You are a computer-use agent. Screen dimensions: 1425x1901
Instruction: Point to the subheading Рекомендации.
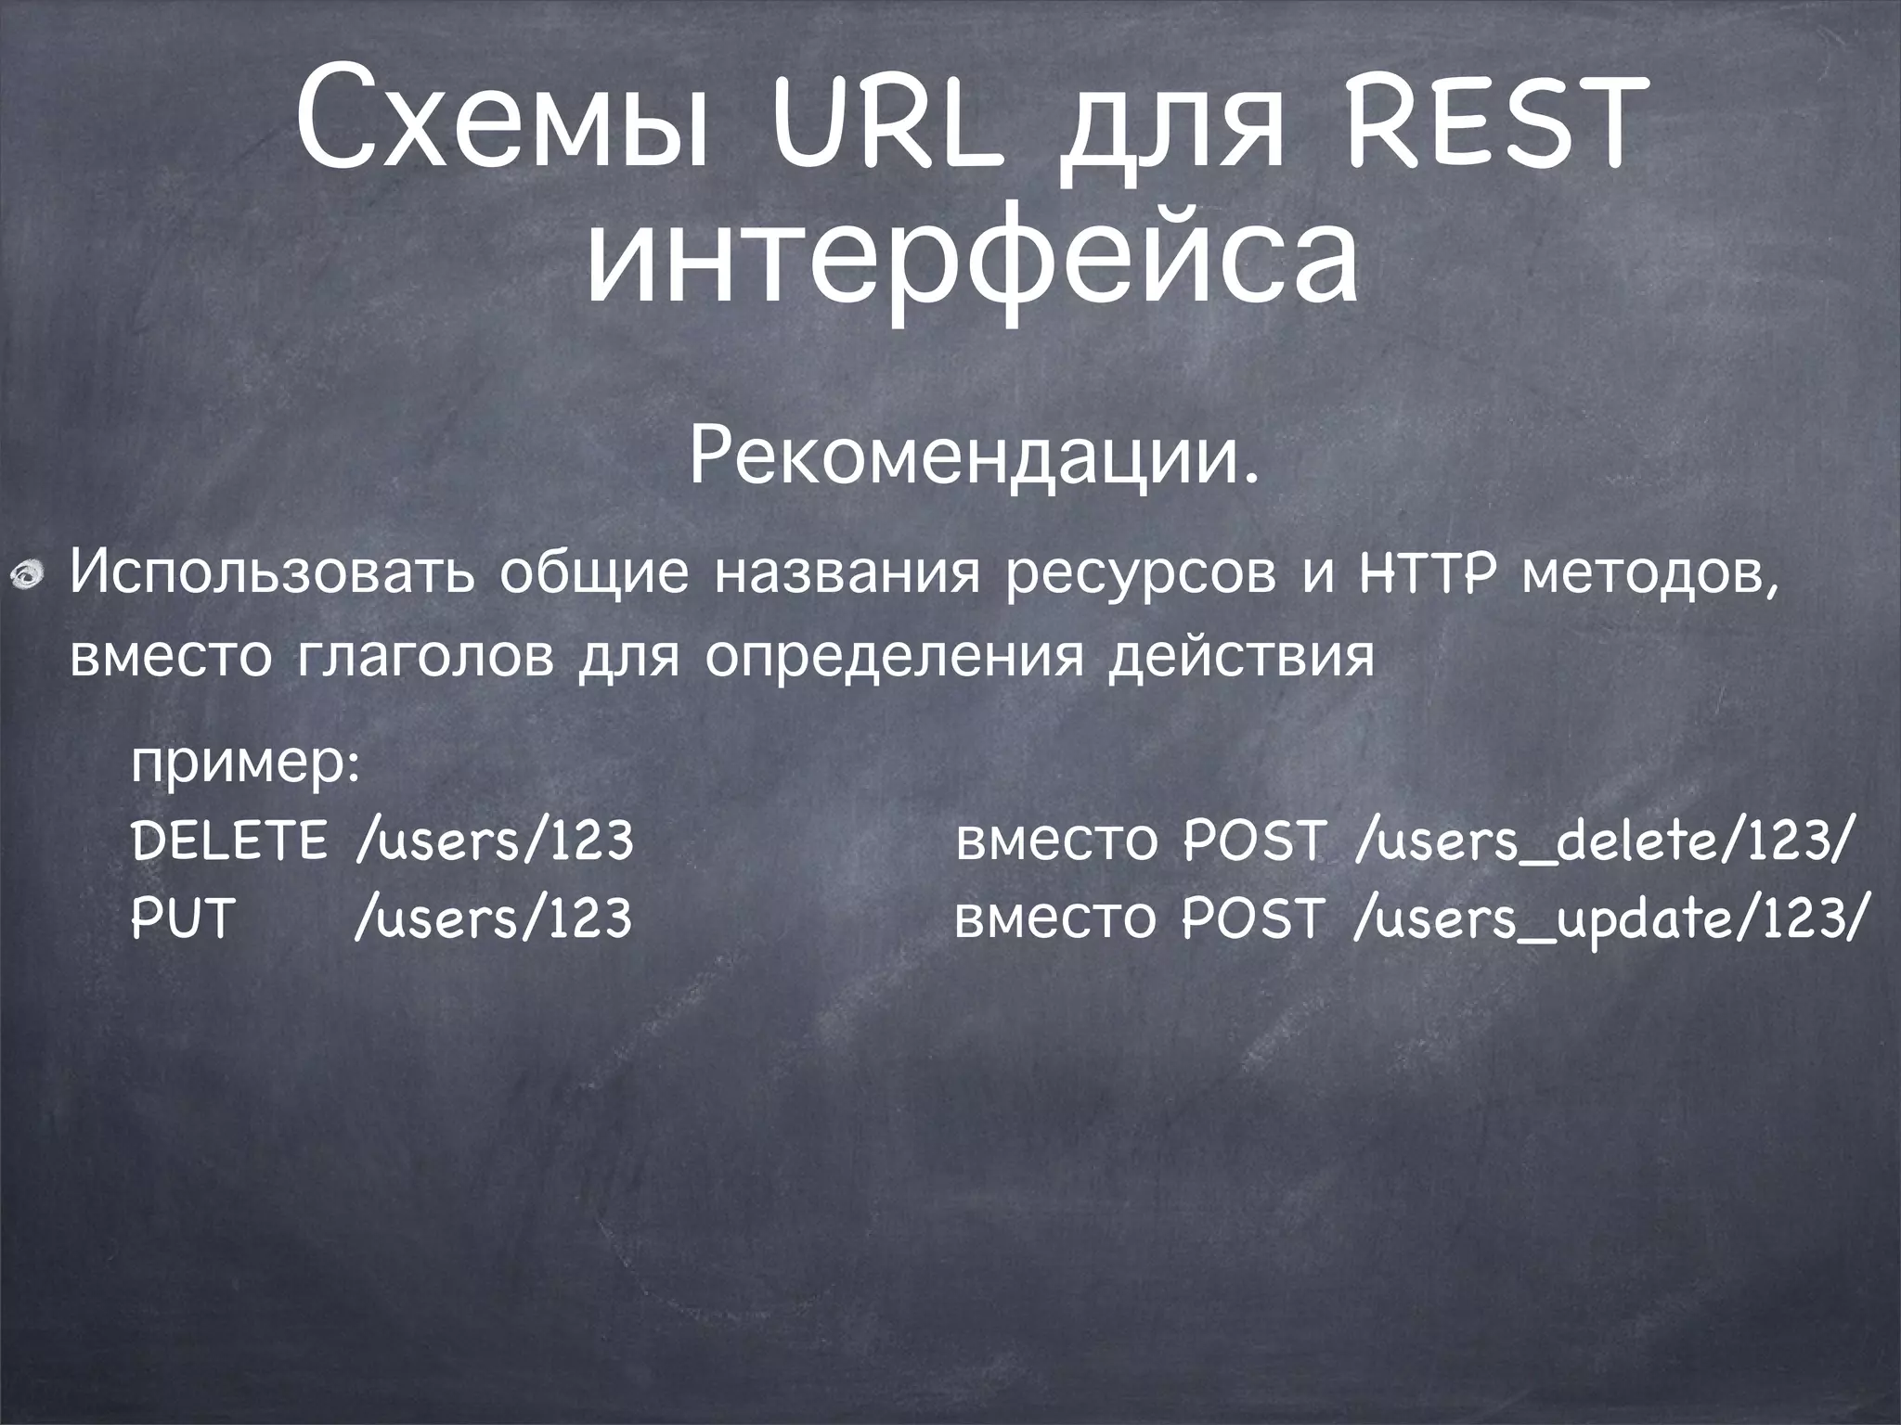tap(975, 458)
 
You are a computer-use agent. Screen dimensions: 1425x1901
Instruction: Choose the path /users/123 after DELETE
tap(494, 841)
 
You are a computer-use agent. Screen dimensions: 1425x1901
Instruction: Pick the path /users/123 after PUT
tap(494, 918)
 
